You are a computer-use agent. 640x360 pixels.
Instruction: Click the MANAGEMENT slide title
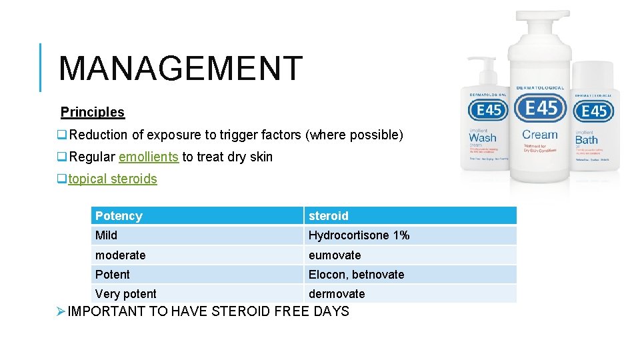(x=181, y=69)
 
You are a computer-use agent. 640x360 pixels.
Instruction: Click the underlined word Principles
(x=93, y=112)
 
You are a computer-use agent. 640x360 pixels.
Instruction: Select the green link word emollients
(x=148, y=157)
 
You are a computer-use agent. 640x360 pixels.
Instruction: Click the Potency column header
(x=119, y=216)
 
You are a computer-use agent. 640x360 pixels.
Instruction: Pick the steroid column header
(x=328, y=216)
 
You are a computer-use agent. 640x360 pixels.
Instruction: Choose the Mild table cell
(x=106, y=235)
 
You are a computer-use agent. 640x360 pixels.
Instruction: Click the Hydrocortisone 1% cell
(x=359, y=235)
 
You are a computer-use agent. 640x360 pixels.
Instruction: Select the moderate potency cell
(x=120, y=255)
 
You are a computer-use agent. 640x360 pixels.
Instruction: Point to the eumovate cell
(x=334, y=255)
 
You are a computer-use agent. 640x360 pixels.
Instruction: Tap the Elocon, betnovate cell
(x=356, y=274)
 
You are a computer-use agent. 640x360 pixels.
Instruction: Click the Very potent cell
(x=126, y=293)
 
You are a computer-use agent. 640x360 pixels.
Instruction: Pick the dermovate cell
(x=337, y=293)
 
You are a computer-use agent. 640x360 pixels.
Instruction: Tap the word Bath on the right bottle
(x=586, y=139)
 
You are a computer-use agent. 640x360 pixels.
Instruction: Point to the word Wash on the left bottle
(x=483, y=138)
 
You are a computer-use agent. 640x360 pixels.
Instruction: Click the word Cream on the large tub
(x=540, y=135)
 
